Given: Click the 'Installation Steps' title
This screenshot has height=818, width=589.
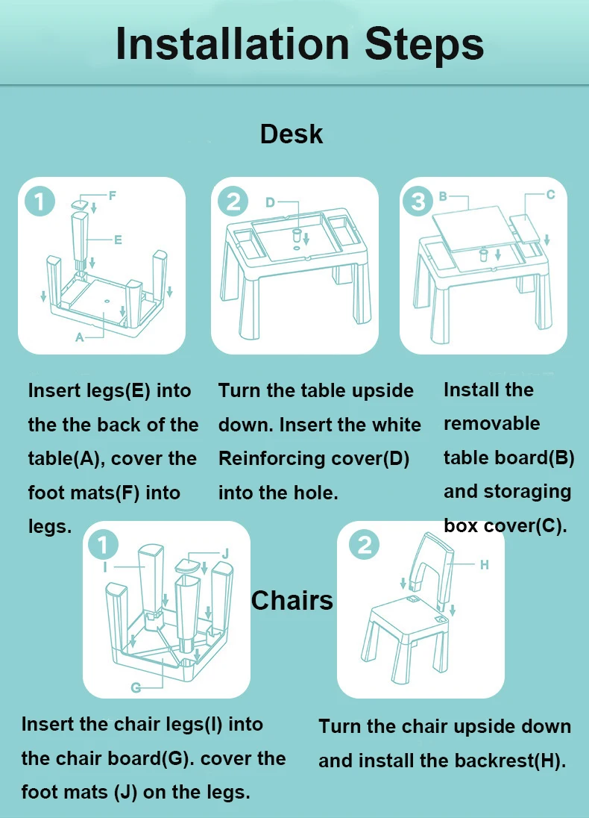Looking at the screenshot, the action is pos(300,44).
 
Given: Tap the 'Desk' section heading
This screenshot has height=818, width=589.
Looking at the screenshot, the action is pos(292,134).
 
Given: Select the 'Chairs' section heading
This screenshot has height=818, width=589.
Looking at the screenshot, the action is pos(292,601).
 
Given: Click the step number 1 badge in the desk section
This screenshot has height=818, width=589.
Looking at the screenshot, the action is pos(40,201).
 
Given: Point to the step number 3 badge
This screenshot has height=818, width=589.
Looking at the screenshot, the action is pos(418,201).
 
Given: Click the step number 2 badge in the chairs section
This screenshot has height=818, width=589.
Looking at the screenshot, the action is pos(364,545).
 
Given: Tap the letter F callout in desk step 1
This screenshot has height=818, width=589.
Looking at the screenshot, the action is pos(112,196).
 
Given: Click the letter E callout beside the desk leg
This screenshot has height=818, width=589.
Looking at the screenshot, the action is pos(118,240).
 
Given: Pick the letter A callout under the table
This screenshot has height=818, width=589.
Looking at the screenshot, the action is pos(79,337).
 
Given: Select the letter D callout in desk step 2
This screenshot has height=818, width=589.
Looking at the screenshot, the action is pos(270,202).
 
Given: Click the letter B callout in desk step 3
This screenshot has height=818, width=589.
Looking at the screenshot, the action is pos(443,197).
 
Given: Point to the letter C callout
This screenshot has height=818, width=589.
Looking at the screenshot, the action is pos(550,195).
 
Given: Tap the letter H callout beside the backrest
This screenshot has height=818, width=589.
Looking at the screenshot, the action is pos(484,564).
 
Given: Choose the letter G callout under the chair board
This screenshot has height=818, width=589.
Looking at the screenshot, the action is pos(136,687).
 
